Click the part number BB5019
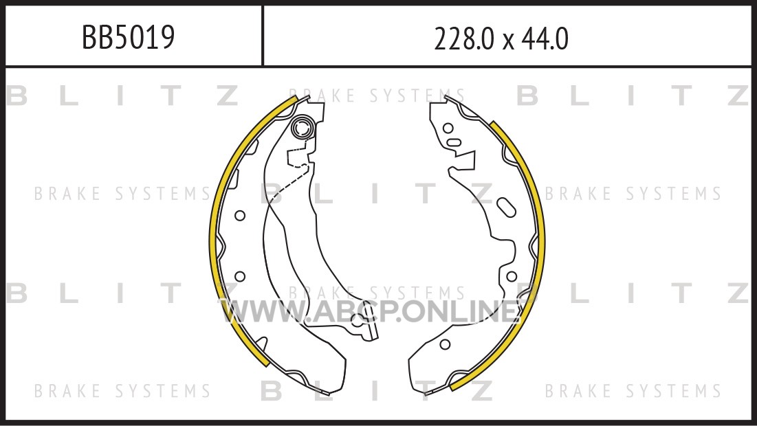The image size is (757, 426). tap(128, 37)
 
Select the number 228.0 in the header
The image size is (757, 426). tap(464, 39)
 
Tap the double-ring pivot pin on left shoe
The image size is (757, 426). tap(303, 128)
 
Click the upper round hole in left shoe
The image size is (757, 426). tap(239, 216)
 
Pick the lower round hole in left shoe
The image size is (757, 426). tap(239, 276)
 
